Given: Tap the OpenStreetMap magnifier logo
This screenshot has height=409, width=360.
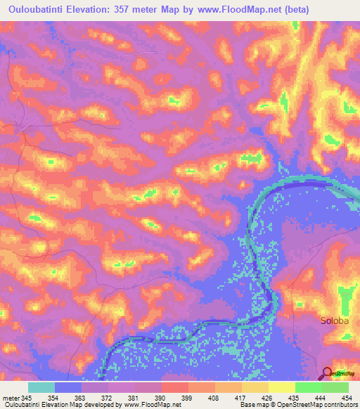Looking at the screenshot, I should (x=327, y=372).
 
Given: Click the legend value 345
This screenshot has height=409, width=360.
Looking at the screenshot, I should (x=27, y=398).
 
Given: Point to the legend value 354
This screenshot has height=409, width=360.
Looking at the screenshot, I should (x=53, y=398).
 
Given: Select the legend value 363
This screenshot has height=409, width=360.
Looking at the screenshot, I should (x=80, y=398).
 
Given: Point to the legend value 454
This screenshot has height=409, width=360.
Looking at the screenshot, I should (x=344, y=398).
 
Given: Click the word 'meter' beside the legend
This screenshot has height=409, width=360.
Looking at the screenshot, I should (x=11, y=398).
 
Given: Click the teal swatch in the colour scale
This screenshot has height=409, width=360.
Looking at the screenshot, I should (x=41, y=387).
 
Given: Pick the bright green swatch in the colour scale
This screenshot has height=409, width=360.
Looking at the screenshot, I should (x=309, y=387).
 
